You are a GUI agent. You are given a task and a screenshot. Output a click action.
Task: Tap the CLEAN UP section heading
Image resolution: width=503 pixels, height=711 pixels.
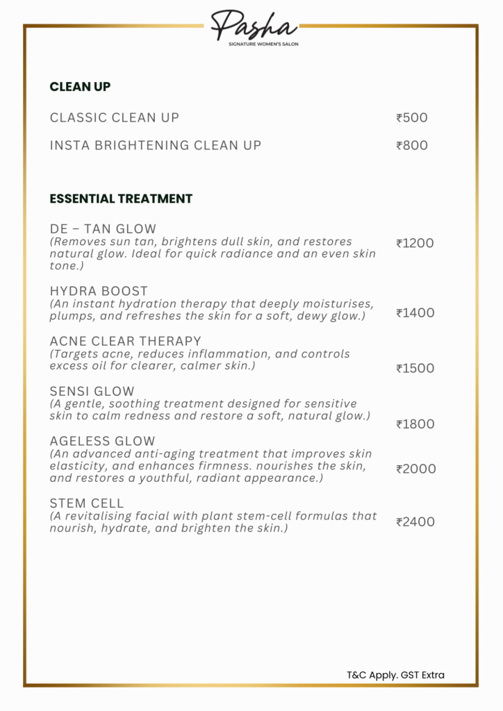[80, 87]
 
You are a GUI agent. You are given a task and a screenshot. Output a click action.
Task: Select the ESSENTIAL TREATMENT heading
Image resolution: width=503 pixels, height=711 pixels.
[121, 199]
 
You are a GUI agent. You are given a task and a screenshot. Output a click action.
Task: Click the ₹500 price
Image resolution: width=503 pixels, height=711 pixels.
[412, 117]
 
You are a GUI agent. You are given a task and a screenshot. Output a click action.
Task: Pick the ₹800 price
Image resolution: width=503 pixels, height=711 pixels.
[412, 145]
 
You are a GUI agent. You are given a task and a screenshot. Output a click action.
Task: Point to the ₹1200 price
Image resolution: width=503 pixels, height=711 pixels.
[415, 243]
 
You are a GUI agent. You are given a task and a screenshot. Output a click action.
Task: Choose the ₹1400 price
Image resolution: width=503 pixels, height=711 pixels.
[415, 312]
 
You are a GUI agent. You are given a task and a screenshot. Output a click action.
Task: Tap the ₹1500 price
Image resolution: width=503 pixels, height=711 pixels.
[415, 368]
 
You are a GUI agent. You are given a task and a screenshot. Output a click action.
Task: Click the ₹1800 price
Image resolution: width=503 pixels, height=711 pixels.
[415, 424]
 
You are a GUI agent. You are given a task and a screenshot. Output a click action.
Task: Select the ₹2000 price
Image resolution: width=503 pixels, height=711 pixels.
[416, 469]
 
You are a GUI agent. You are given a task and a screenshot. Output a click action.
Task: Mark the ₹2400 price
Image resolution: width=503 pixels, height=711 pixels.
[415, 521]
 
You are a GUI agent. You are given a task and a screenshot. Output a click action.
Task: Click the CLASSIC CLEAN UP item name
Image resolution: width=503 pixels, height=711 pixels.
[115, 117]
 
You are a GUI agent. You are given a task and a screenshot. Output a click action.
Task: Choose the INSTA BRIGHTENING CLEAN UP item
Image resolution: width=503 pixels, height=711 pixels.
[156, 145]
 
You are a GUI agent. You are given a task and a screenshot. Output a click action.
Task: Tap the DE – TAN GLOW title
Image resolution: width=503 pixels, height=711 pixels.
[103, 228]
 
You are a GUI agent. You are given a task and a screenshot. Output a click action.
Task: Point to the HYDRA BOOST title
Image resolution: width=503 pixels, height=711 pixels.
[99, 291]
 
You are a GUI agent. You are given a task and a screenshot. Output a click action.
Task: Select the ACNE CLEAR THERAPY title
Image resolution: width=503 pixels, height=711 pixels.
[125, 341]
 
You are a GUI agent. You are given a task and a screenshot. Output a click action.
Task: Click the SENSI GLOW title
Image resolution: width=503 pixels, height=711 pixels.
[92, 391]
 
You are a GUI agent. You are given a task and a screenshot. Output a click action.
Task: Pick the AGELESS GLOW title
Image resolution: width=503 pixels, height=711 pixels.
[102, 441]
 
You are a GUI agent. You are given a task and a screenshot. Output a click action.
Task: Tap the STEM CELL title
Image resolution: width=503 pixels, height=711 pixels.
[87, 503]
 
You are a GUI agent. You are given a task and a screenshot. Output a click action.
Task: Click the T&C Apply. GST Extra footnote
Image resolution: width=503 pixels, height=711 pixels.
[395, 674]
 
